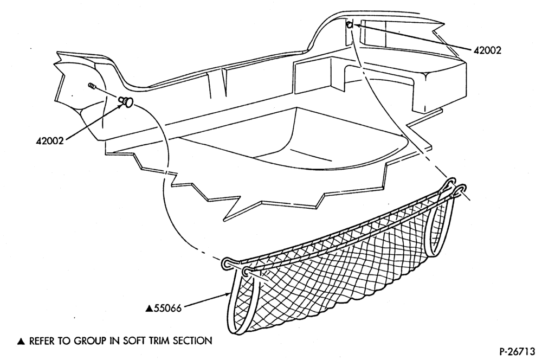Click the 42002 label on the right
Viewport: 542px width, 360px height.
click(x=487, y=50)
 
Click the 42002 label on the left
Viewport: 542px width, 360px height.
click(x=50, y=141)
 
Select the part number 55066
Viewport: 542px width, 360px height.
click(x=167, y=308)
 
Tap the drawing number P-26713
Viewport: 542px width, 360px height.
click(x=517, y=351)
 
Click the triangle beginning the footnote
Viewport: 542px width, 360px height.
click(x=22, y=342)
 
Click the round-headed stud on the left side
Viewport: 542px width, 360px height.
click(x=127, y=102)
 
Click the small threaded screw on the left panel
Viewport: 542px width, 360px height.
click(x=92, y=86)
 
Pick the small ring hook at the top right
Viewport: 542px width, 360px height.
click(x=350, y=24)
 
